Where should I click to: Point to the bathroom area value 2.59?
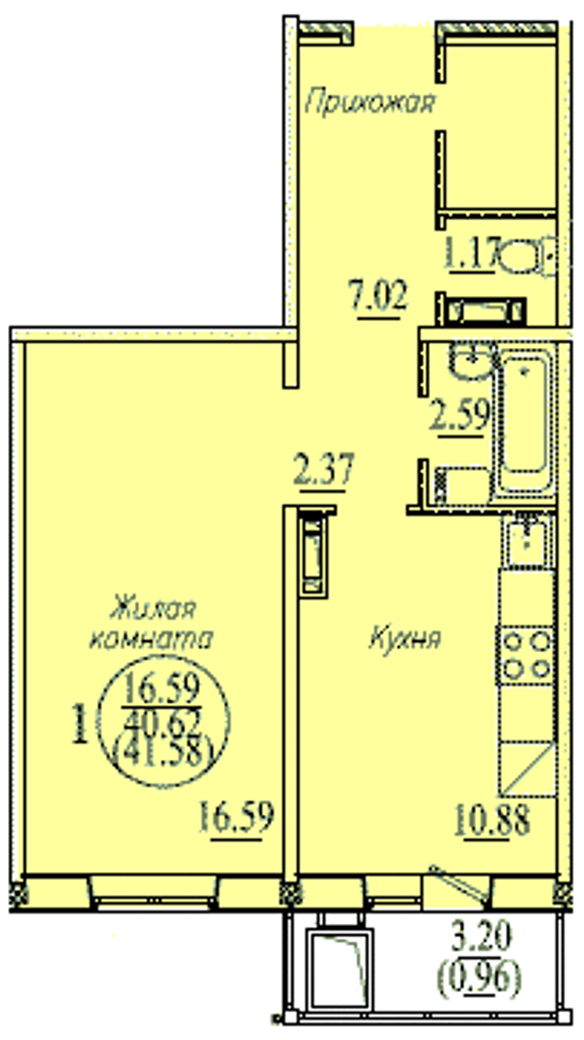tap(460, 416)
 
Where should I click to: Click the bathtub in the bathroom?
tap(525, 420)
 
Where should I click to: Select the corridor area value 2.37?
tap(324, 469)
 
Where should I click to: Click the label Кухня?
tap(405, 639)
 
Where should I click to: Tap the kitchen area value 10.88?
tap(492, 821)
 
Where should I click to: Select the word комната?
tap(151, 639)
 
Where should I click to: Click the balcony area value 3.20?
tap(483, 936)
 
